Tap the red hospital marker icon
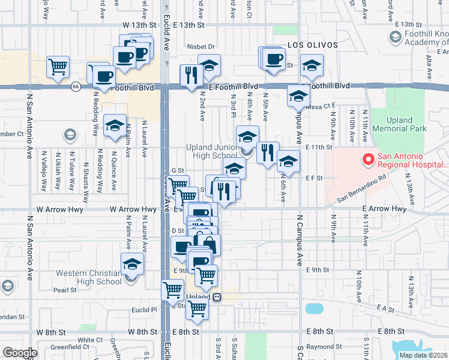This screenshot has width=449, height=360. point(366,160)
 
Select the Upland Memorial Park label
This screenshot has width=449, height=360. point(399,124)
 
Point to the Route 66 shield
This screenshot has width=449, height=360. point(76,86)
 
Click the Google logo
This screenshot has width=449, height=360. point(20,353)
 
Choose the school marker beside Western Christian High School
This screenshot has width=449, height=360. point(132,265)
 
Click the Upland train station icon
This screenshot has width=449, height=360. point(217,297)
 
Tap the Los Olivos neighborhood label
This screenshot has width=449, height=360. point(312,45)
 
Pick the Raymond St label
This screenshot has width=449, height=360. point(322,347)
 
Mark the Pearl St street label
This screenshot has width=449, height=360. point(65,290)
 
